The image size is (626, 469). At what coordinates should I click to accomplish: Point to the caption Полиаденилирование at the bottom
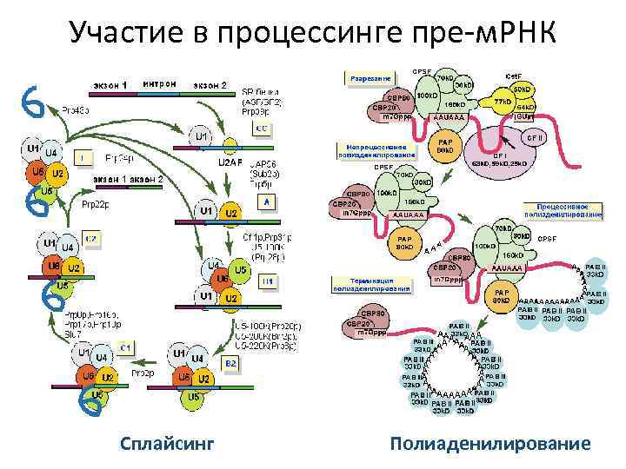pyautogui.click(x=490, y=445)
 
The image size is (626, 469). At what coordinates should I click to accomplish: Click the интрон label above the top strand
pyautogui.click(x=161, y=83)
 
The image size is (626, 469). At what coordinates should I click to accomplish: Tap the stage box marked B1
pyautogui.click(x=267, y=281)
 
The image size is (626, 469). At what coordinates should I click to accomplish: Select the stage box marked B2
pyautogui.click(x=231, y=361)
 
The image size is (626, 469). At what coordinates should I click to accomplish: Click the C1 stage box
pyautogui.click(x=124, y=347)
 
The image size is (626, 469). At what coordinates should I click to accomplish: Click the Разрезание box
pyautogui.click(x=370, y=78)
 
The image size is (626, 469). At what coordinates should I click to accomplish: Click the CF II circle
pyautogui.click(x=534, y=137)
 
